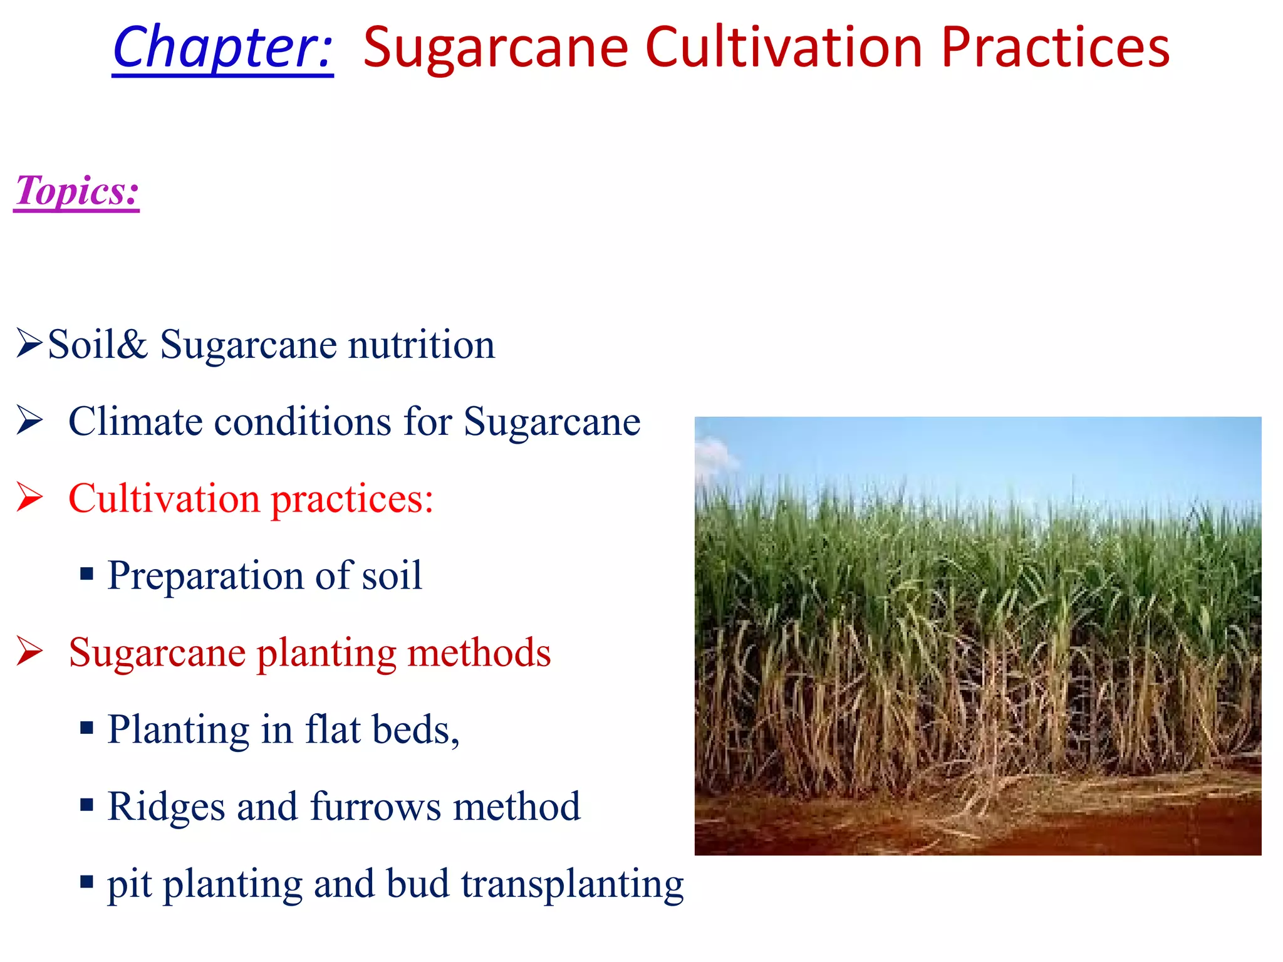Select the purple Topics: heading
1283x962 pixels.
click(x=76, y=191)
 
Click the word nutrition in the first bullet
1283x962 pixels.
click(x=421, y=345)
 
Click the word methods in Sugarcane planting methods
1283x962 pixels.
click(x=479, y=653)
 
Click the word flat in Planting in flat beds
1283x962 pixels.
click(x=332, y=730)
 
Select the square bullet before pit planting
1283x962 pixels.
click(x=87, y=882)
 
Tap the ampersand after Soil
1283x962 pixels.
click(x=132, y=345)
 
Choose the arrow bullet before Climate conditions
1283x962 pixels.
click(x=29, y=421)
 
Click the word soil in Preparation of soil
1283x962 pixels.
click(x=392, y=576)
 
